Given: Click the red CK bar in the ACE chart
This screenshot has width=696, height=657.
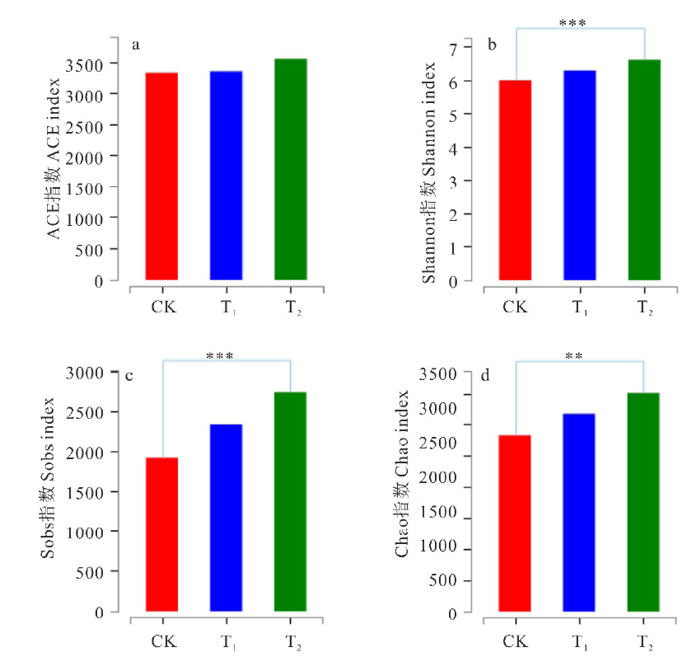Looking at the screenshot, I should [x=161, y=176].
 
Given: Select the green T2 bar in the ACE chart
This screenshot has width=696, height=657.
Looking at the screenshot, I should [x=290, y=169].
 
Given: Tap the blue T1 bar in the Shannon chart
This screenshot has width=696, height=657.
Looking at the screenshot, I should [x=579, y=176].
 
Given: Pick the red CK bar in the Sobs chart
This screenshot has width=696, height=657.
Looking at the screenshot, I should [x=161, y=534].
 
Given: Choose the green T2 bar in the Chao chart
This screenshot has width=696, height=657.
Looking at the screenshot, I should [x=643, y=502].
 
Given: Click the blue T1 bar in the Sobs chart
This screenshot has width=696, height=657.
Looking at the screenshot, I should [x=226, y=518].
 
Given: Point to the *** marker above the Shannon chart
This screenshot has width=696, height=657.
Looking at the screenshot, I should [x=572, y=23].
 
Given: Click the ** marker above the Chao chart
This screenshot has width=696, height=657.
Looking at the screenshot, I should [x=574, y=356].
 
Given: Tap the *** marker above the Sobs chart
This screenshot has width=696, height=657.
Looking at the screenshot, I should [x=220, y=356].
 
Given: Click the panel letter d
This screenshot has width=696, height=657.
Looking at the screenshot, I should [x=485, y=376].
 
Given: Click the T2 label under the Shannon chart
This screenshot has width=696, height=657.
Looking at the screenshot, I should [x=645, y=308].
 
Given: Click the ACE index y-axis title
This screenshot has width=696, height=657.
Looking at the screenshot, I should [x=54, y=160].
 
